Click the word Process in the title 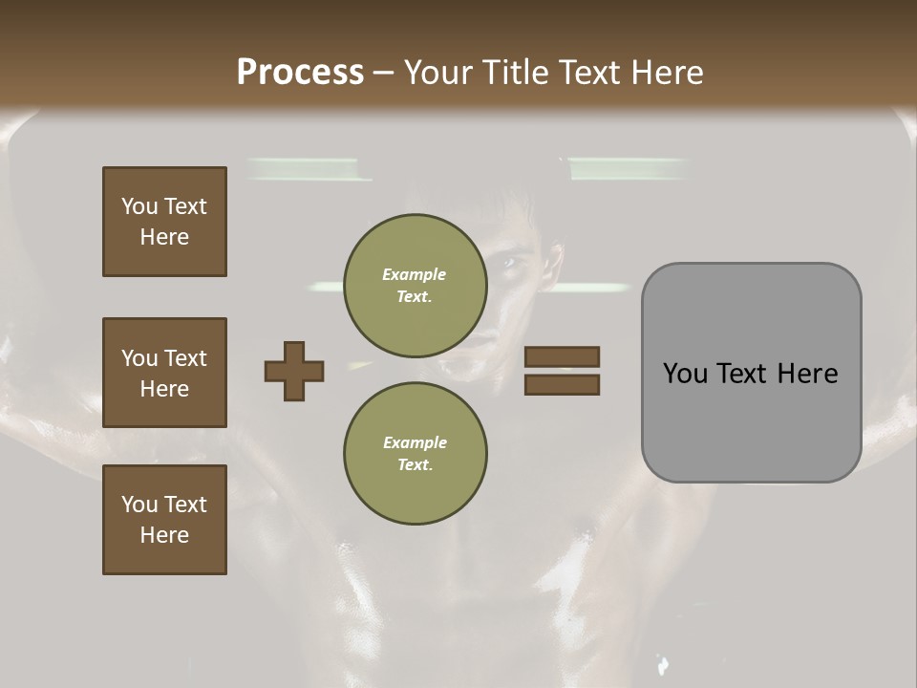click(x=300, y=73)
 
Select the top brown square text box click(x=164, y=222)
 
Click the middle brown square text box click(x=164, y=373)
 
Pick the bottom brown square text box click(x=164, y=520)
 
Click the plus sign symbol click(x=293, y=371)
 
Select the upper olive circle click(x=415, y=286)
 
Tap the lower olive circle click(x=415, y=454)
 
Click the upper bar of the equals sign click(x=562, y=356)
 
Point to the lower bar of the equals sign click(x=562, y=384)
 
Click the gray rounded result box click(x=751, y=373)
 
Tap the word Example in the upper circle click(x=415, y=274)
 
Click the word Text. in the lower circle click(x=415, y=465)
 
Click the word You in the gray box click(x=685, y=373)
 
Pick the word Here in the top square click(x=164, y=237)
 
